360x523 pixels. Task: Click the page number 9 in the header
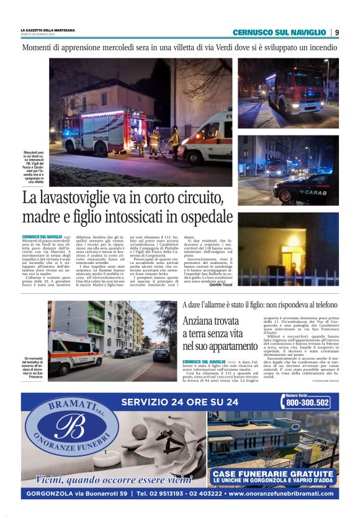[336, 32]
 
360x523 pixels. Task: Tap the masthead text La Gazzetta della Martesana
[48, 30]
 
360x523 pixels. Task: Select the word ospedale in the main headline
[191, 218]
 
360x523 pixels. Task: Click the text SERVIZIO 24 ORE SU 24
[180, 402]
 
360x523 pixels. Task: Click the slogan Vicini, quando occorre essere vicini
[114, 480]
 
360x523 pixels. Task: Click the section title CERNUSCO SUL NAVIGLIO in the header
[279, 32]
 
